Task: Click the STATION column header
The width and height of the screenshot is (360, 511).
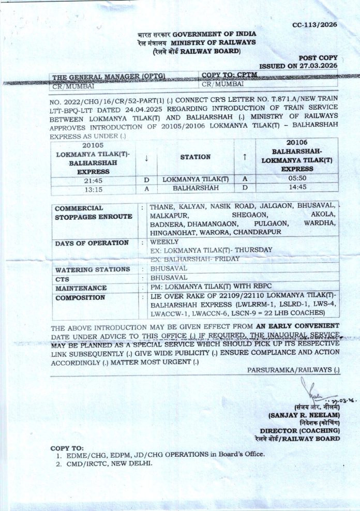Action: tap(195, 157)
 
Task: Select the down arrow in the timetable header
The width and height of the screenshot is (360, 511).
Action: tap(147, 157)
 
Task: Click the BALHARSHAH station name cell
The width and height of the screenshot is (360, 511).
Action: tap(195, 189)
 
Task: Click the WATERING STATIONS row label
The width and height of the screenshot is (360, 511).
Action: tap(93, 269)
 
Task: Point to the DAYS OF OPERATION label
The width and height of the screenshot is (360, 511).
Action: tap(92, 243)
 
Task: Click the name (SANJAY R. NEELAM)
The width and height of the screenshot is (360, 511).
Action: tap(303, 415)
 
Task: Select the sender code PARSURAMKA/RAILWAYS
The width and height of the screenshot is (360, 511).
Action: tap(293, 370)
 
